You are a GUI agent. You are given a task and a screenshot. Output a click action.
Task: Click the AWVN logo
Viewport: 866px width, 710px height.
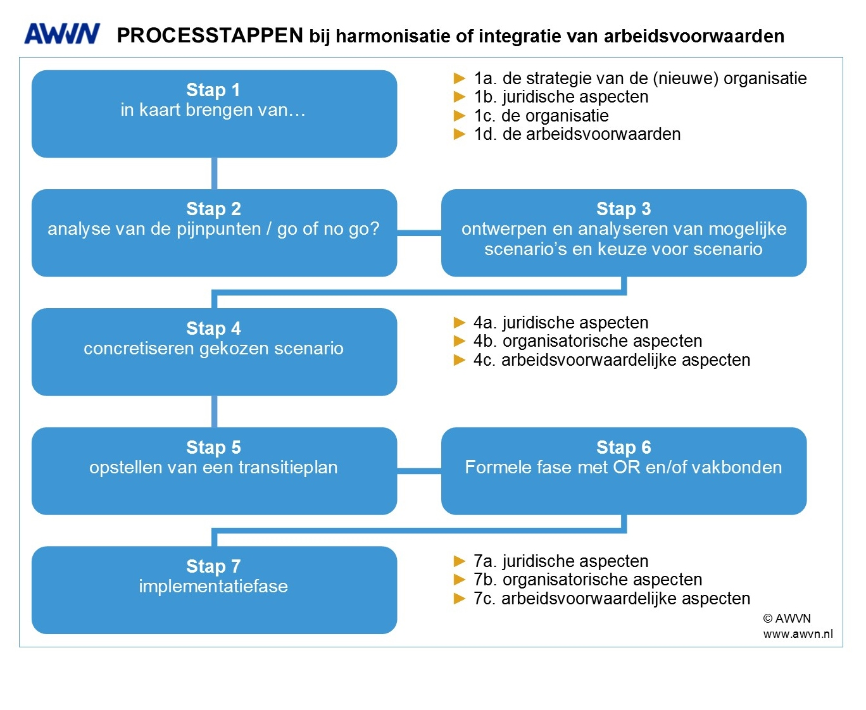(x=62, y=34)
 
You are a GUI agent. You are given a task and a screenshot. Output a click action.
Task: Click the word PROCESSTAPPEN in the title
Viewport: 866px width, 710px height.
(x=210, y=35)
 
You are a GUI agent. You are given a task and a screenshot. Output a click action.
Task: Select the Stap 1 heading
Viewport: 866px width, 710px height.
(x=213, y=90)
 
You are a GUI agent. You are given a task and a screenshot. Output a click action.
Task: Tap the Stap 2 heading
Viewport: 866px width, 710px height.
(x=213, y=209)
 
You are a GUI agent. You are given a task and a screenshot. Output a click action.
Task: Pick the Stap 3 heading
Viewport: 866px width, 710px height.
(x=624, y=209)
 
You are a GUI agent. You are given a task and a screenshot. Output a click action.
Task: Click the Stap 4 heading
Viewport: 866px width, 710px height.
(x=213, y=328)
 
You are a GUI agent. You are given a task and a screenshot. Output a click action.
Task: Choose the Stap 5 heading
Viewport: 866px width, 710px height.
(x=213, y=447)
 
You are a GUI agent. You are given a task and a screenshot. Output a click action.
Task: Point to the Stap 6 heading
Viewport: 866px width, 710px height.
(x=624, y=447)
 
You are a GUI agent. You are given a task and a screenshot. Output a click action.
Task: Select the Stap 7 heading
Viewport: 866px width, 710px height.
(x=213, y=566)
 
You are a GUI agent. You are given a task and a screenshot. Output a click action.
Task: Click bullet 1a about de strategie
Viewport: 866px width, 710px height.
(x=639, y=78)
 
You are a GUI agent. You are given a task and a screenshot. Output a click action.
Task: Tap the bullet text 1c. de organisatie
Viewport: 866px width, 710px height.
(x=541, y=116)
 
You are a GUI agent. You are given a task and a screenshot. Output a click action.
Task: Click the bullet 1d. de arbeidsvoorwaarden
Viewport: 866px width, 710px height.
(x=577, y=134)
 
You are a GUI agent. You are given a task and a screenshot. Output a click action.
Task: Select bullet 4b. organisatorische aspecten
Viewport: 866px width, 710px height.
(x=587, y=341)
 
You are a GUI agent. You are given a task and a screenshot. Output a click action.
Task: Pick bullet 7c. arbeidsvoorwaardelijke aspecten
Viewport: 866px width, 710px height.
(x=612, y=599)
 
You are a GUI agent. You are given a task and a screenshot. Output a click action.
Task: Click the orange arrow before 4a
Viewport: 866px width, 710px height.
(x=460, y=323)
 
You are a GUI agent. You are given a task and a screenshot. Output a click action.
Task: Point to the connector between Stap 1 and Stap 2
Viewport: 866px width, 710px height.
(x=214, y=173)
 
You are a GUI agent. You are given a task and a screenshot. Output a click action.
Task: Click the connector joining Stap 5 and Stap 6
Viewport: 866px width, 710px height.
(x=419, y=471)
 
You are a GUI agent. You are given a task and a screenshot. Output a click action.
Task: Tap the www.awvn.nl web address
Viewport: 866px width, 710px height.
(x=798, y=634)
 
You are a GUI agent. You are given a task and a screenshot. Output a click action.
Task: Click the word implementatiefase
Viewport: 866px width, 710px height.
(x=213, y=587)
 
